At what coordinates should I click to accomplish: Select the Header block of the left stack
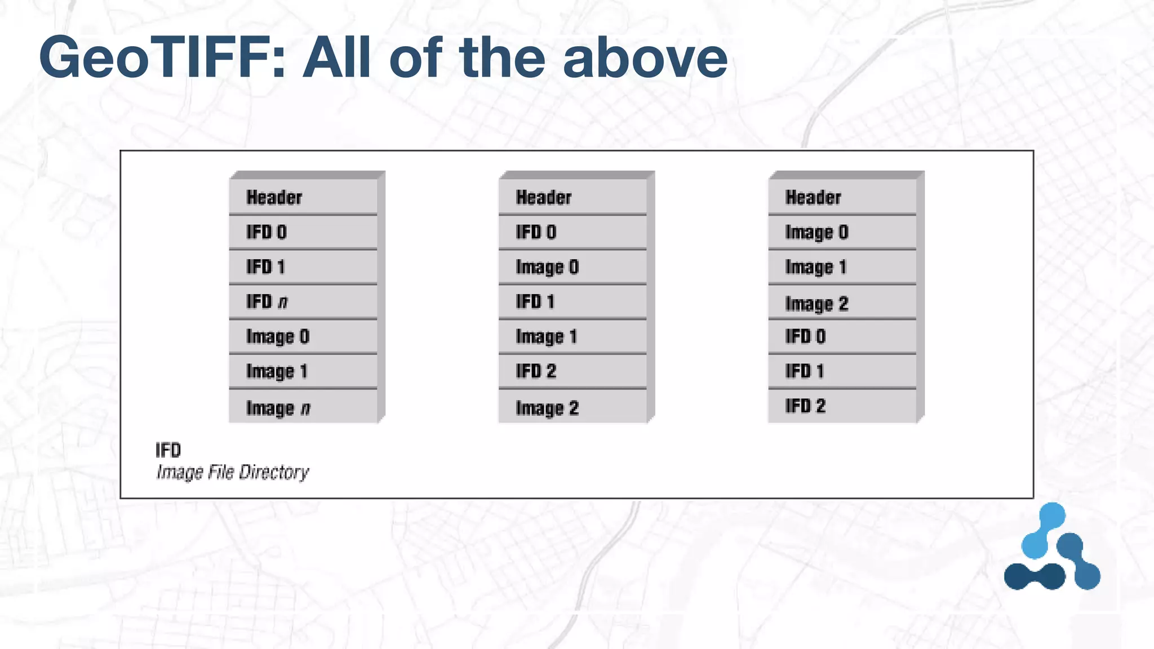click(303, 197)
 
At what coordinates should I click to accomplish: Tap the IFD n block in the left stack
click(303, 302)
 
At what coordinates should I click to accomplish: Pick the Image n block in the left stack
click(303, 407)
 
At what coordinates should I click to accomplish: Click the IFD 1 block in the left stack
click(303, 266)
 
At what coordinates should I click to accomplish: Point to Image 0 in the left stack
click(303, 337)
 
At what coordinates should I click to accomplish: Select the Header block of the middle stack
click(572, 197)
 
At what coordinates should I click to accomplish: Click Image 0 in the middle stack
click(572, 266)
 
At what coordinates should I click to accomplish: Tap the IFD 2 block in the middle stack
click(572, 371)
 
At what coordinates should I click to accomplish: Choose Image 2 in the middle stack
click(572, 407)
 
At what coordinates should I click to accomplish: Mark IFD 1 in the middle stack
click(572, 302)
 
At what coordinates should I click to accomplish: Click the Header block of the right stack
click(842, 197)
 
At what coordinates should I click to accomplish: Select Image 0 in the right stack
click(842, 232)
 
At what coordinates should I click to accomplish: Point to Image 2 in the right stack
click(842, 303)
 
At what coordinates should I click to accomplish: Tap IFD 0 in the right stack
click(842, 337)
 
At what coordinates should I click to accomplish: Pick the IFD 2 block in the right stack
click(842, 406)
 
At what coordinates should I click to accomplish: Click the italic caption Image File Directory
click(232, 472)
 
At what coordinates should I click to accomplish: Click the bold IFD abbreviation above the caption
click(168, 450)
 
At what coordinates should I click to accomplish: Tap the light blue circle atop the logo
click(1051, 516)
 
